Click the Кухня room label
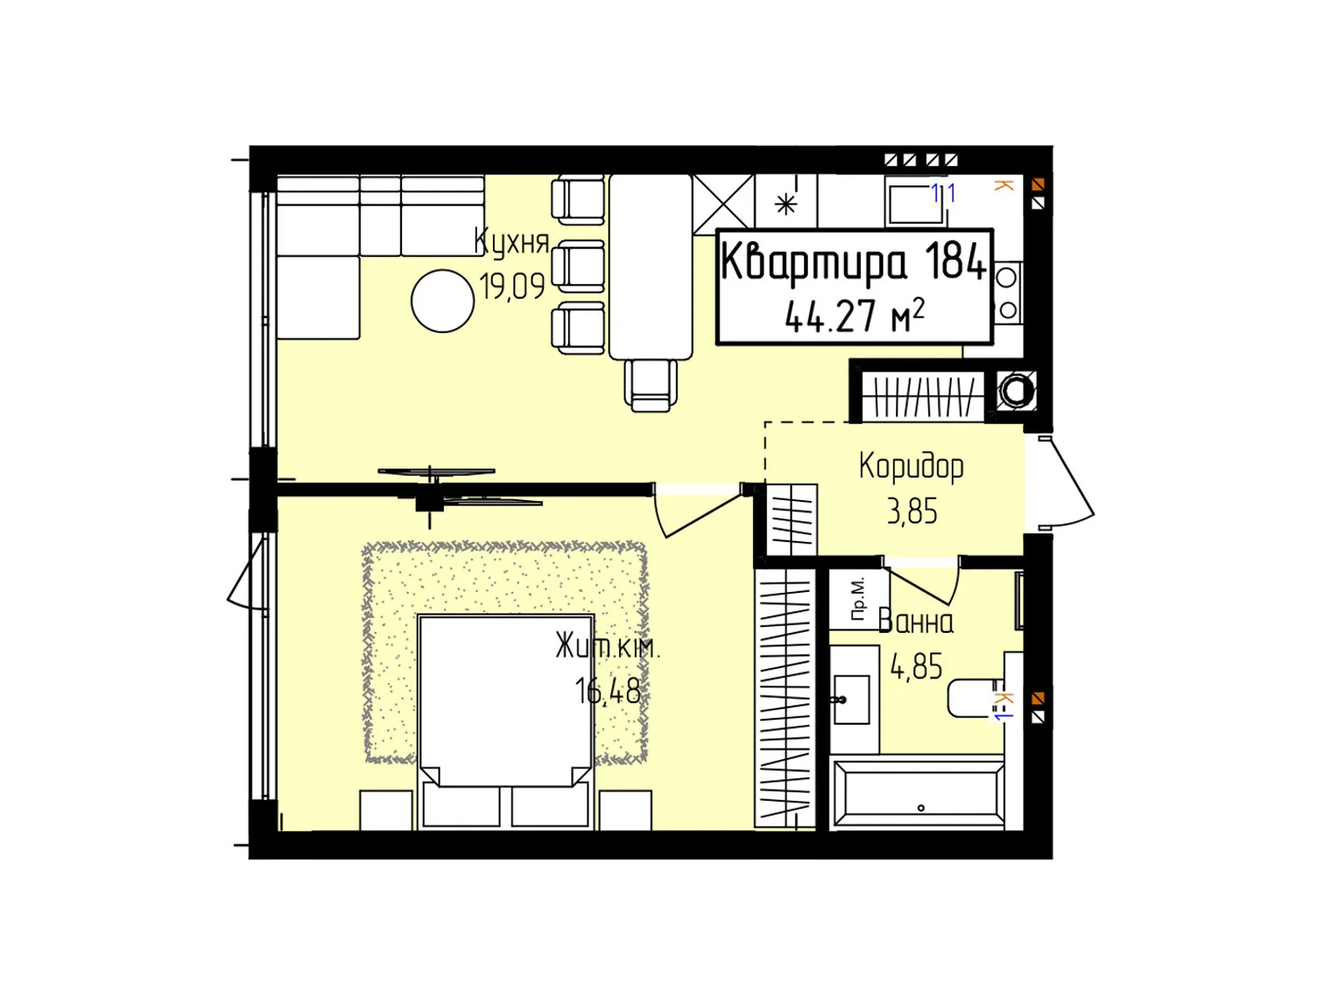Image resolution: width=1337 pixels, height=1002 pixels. point(511,242)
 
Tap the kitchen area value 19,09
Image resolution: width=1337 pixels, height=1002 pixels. point(511,286)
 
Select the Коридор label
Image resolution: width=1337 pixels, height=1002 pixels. point(911,468)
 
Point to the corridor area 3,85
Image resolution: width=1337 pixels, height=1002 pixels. point(912,511)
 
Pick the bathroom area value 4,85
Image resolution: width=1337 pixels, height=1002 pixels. point(916,666)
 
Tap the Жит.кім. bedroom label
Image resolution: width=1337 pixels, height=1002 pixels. point(607,646)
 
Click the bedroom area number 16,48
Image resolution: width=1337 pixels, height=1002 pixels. point(607,691)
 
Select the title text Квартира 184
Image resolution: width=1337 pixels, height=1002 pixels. point(853,262)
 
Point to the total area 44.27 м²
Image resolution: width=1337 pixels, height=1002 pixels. point(854,316)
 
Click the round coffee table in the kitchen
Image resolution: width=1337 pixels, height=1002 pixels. point(443,301)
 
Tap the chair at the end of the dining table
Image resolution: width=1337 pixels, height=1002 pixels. point(650,385)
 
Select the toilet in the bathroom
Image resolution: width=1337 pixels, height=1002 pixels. point(976,698)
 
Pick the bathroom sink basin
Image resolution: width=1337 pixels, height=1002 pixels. point(851,699)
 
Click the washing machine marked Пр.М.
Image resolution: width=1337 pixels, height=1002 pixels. point(859,600)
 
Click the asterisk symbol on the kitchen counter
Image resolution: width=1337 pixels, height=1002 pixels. point(785,204)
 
